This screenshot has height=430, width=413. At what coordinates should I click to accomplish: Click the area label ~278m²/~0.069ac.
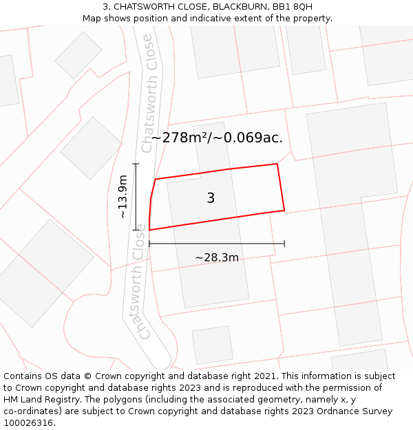pyautogui.click(x=217, y=138)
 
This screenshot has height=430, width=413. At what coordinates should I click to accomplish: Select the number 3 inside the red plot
pyautogui.click(x=211, y=198)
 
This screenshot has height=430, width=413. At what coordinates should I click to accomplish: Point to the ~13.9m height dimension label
pyautogui.click(x=123, y=197)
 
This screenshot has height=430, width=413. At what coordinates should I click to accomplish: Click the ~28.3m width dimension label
pyautogui.click(x=217, y=258)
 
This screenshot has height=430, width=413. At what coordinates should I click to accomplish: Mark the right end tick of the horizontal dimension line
pyautogui.click(x=284, y=243)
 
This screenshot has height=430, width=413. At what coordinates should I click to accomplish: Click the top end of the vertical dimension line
pyautogui.click(x=136, y=164)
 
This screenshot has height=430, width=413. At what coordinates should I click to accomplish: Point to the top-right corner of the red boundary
pyautogui.click(x=277, y=164)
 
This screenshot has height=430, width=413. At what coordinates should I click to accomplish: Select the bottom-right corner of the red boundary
pyautogui.click(x=284, y=210)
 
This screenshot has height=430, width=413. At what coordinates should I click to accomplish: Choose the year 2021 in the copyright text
pyautogui.click(x=265, y=376)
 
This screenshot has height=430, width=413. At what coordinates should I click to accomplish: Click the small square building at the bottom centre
pyautogui.click(x=213, y=345)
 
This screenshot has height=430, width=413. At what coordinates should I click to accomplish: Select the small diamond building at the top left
pyautogui.click(x=78, y=55)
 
